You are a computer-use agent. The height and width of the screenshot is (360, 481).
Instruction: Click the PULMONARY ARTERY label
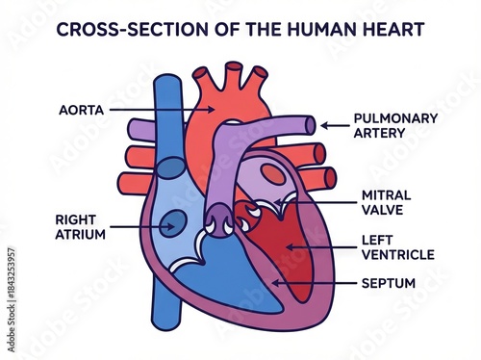pyautogui.click(x=395, y=124)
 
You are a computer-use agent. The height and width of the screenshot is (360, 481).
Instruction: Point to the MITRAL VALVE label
pyautogui.click(x=386, y=201)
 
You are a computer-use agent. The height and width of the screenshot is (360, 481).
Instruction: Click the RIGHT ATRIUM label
pyautogui.click(x=80, y=225)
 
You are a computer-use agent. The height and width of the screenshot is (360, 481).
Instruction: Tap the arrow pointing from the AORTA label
pyautogui.click(x=149, y=110)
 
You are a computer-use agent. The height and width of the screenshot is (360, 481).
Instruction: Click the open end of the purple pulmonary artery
pyautogui.click(x=310, y=124)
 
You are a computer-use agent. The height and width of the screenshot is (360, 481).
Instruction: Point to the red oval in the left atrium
pyautogui.click(x=274, y=176)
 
